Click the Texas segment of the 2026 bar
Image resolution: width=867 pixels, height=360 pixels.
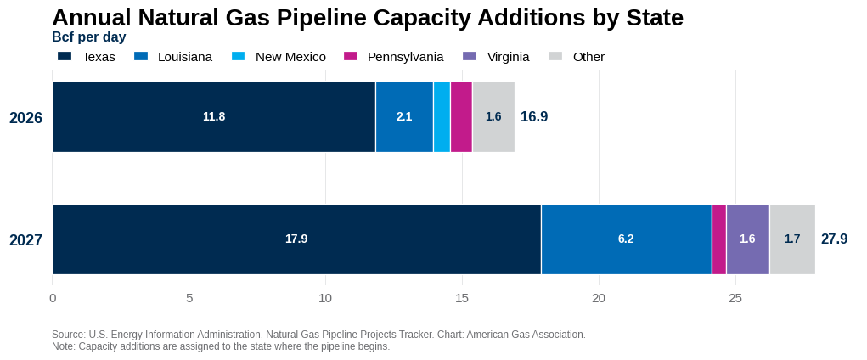coord(214,116)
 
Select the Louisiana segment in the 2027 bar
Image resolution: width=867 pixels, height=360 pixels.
coord(626,239)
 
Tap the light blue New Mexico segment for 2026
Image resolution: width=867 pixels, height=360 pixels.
coord(442,116)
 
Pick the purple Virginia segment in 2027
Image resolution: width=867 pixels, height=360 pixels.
coord(747,239)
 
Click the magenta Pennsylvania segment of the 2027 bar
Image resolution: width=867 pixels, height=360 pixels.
coord(719,239)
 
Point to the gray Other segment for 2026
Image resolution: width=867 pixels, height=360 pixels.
coord(493,116)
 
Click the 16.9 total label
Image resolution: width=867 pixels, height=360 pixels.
coord(534,116)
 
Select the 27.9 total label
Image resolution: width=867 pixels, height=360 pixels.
coord(834,239)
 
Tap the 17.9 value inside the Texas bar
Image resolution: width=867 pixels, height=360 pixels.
coord(296,239)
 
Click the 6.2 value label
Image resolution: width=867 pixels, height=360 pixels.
coord(626,239)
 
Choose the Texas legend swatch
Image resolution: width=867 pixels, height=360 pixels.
coord(65,56)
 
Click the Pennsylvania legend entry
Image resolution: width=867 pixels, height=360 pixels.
coord(393,56)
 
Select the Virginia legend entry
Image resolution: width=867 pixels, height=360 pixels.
coord(496,56)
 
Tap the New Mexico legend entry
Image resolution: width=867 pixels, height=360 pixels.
coord(279,56)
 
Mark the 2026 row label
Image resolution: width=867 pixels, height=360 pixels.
coord(26,118)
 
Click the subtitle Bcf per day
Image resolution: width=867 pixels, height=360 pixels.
coord(89,37)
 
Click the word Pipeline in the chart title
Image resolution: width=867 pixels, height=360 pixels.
coord(321,18)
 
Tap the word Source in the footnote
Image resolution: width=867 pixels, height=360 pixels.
coord(67,335)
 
